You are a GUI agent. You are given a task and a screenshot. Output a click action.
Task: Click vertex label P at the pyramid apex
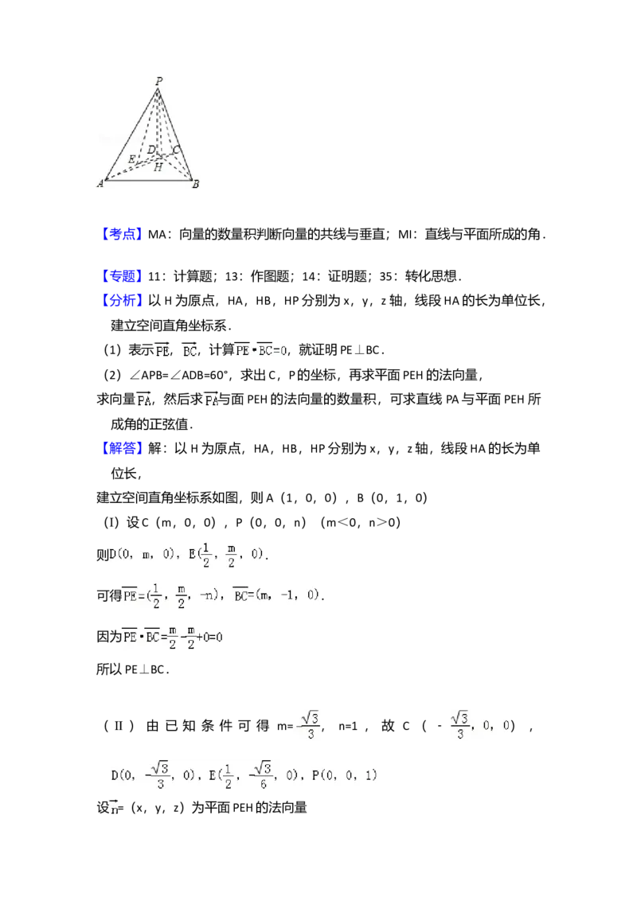point(159,81)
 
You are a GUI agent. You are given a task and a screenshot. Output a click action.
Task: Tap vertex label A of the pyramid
point(100,184)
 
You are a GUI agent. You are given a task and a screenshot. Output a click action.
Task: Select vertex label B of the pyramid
point(195,184)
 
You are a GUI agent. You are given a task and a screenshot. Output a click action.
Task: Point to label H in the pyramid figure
point(158,168)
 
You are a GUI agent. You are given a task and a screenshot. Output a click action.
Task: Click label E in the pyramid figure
point(131,159)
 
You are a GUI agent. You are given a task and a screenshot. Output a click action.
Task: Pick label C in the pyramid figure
point(176,150)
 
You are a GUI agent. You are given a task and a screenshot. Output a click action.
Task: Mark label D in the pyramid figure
point(150,150)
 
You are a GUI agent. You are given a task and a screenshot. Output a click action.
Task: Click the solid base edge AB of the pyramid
point(147,181)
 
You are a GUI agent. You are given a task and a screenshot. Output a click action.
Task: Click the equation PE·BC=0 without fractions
point(260,350)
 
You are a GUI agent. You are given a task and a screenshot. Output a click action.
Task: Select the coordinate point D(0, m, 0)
point(143,555)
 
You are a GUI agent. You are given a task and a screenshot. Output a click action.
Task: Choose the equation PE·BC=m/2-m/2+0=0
point(175,637)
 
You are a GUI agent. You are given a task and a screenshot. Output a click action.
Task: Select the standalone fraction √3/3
point(309,725)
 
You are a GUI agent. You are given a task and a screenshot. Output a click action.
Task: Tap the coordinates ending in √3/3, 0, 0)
point(480,725)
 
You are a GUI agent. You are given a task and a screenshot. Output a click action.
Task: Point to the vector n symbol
point(114,809)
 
